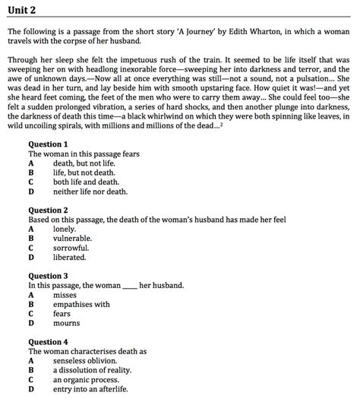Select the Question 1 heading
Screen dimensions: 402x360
48,144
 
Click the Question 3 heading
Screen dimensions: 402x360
48,276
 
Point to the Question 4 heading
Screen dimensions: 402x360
48,342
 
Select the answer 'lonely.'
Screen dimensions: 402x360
65,229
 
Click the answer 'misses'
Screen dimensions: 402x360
65,295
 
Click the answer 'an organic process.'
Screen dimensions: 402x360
88,380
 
